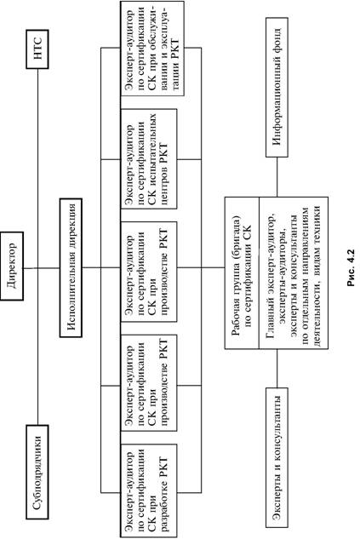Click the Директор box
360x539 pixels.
12,266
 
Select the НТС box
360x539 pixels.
37,49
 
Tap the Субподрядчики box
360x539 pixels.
37,472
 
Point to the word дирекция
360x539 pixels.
71,224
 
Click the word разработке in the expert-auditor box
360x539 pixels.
164,505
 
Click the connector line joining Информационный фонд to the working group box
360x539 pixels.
277,177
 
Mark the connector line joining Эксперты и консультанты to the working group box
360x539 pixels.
277,368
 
